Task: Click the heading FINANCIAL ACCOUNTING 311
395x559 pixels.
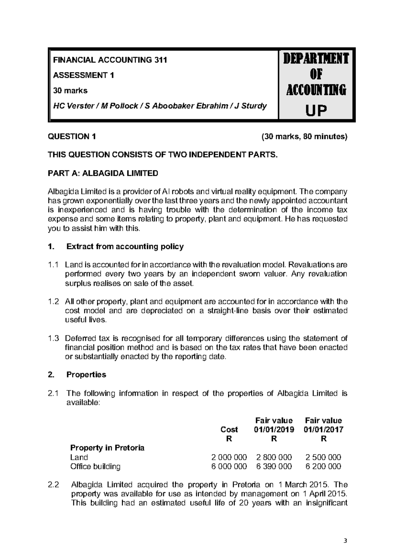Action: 110,60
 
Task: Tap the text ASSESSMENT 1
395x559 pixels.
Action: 84,75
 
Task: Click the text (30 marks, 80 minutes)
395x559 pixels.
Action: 304,137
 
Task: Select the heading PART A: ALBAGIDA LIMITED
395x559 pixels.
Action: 103,173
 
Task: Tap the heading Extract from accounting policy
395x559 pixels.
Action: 125,247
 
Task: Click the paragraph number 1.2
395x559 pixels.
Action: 53,302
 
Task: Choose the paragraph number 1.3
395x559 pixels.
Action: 53,338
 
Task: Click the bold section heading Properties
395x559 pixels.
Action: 86,375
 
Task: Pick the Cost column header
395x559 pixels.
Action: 229,430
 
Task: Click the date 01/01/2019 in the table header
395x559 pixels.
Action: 274,430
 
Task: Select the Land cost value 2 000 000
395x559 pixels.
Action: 229,457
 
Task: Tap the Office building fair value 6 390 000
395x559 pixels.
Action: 274,466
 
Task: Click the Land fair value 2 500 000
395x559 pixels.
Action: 323,457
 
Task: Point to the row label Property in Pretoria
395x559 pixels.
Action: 107,448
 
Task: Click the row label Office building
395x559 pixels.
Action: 95,466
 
